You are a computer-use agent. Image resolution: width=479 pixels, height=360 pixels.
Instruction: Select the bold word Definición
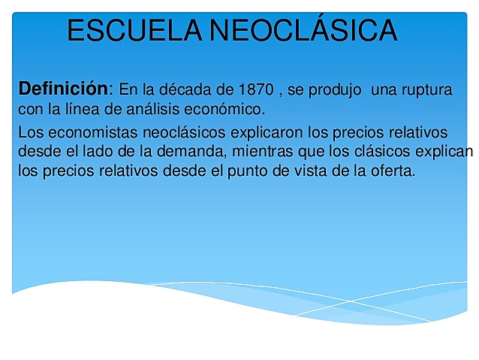tap(64, 89)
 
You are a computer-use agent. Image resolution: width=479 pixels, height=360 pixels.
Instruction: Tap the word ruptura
tap(425, 90)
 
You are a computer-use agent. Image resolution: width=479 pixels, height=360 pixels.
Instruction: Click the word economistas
tap(86, 134)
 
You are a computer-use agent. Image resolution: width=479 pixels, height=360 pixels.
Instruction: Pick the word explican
tap(445, 153)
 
